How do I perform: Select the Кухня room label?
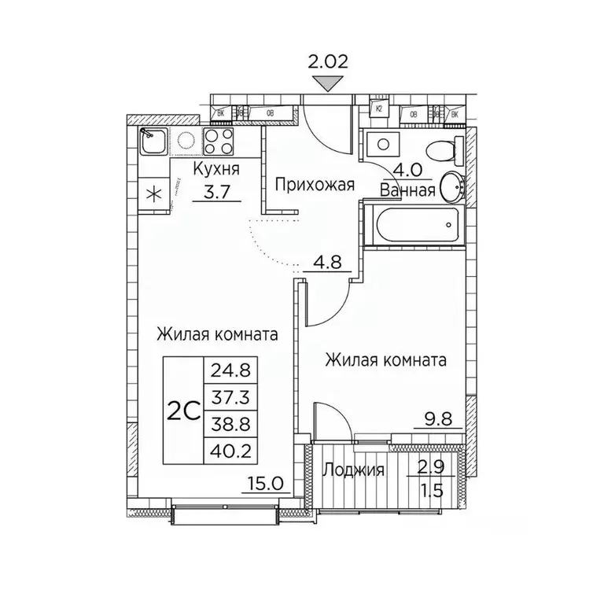click(216, 170)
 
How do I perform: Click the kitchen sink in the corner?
click(153, 141)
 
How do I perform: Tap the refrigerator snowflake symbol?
click(153, 193)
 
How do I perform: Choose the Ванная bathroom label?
click(407, 190)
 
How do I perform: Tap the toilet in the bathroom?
click(440, 148)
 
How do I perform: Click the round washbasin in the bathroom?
click(452, 186)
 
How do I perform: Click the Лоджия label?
click(354, 470)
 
